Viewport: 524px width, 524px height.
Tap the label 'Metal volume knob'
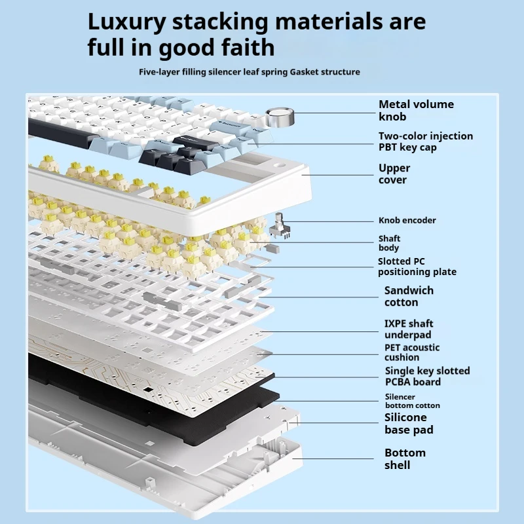coord(416,110)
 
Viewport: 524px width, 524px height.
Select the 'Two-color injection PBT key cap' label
coord(425,141)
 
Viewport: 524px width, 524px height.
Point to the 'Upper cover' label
coord(394,174)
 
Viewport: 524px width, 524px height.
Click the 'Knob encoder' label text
coord(407,220)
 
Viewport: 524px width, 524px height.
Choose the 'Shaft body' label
coord(389,243)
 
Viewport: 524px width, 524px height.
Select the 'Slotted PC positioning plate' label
coord(417,267)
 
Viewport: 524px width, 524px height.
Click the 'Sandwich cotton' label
coord(408,296)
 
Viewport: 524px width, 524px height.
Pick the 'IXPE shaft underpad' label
coord(408,329)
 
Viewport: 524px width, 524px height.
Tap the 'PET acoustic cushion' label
coord(411,352)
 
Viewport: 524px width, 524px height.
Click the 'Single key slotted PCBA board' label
coord(427,376)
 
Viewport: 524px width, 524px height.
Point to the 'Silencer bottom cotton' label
coord(412,401)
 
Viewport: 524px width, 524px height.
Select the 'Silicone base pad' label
coord(409,423)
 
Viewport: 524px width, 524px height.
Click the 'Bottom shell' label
coord(405,458)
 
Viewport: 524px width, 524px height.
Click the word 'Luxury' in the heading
coord(126,22)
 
